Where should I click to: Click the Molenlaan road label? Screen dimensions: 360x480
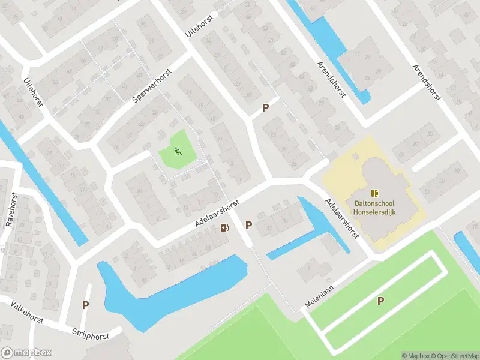click(319, 296)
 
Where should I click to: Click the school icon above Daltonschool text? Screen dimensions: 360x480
click(376, 193)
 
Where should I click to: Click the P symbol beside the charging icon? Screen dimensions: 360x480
click(248, 225)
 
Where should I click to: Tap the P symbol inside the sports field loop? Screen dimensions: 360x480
click(380, 301)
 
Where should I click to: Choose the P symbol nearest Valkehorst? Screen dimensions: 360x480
click(85, 305)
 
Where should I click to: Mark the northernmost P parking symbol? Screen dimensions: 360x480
click(265, 108)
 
